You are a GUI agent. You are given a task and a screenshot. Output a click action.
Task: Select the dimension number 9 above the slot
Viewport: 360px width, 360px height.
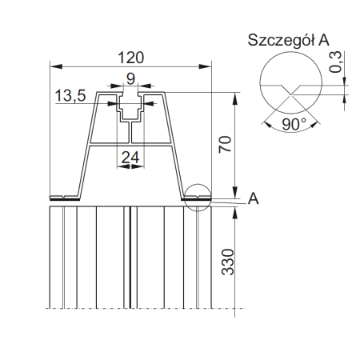[x=130, y=79]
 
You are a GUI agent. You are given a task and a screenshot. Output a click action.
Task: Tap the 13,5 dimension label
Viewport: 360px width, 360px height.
[x=71, y=97]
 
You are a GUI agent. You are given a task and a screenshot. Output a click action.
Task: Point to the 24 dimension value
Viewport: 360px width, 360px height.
[x=130, y=158]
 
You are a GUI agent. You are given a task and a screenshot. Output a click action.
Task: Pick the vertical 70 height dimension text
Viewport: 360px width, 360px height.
[x=226, y=144]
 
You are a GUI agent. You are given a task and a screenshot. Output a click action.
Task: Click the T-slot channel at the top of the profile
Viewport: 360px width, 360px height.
[x=131, y=108]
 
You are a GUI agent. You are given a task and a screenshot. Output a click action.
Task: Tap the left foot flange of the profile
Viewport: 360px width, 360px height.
[x=64, y=196]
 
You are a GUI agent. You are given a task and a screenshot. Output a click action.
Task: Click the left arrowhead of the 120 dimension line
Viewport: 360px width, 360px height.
[x=54, y=63]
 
